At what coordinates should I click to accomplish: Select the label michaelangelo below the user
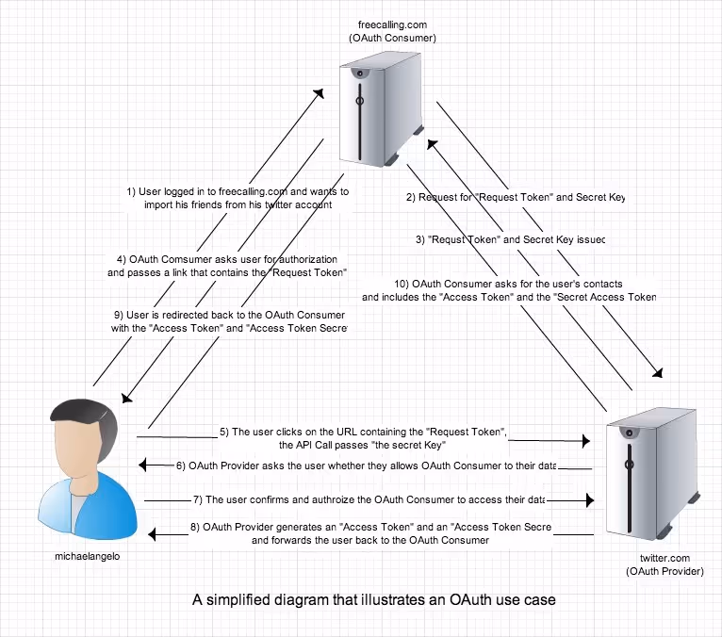click(x=87, y=556)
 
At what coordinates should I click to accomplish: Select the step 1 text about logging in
click(x=238, y=197)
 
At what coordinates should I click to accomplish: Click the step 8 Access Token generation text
click(x=370, y=533)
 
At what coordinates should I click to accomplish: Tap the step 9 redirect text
click(x=229, y=320)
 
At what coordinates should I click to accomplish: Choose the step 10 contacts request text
click(x=507, y=290)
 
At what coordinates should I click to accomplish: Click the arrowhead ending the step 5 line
click(x=585, y=440)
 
